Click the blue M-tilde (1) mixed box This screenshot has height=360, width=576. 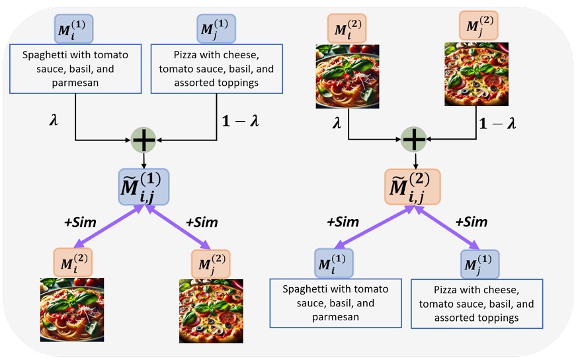click(144, 187)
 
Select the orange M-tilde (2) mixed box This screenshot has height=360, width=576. click(412, 187)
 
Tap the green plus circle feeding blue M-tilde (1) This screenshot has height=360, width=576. click(144, 140)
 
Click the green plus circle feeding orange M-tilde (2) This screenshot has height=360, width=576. click(413, 140)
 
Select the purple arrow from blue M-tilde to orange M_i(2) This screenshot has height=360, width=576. click(108, 226)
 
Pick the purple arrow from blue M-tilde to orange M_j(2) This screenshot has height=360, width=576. click(178, 227)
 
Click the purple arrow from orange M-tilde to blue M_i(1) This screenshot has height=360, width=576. click(374, 227)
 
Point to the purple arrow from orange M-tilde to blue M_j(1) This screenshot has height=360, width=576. click(448, 228)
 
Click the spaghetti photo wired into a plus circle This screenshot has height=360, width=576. click(347, 77)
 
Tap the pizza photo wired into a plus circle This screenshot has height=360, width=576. click(476, 74)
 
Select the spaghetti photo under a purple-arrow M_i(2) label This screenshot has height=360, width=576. click(72, 310)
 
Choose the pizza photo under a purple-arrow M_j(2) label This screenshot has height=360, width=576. click(211, 311)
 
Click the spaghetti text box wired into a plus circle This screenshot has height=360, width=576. click(75, 69)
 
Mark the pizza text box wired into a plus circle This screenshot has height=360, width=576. click(216, 69)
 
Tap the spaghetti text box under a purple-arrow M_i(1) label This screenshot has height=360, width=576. click(335, 303)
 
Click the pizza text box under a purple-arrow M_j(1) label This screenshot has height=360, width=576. click(476, 304)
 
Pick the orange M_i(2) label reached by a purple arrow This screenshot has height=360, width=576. click(73, 262)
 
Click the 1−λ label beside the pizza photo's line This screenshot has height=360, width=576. click(497, 123)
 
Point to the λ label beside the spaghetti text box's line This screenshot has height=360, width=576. click(54, 120)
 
